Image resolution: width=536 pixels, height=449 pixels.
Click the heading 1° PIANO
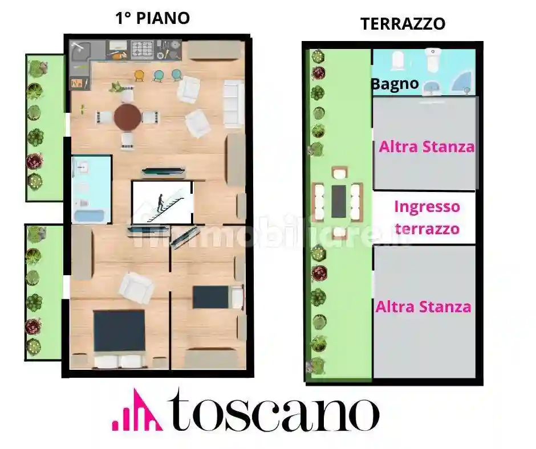click(x=152, y=18)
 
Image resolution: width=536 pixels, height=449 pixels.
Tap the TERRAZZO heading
click(x=403, y=23)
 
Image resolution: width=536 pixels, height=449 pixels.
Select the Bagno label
click(x=395, y=84)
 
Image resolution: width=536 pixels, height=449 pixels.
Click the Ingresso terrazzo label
click(x=427, y=217)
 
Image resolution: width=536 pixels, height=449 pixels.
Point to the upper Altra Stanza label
click(x=427, y=146)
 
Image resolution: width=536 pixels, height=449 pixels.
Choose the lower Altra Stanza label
click(x=423, y=307)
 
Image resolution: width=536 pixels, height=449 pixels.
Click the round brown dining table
click(x=127, y=117)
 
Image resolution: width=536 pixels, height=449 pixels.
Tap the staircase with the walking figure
click(x=163, y=203)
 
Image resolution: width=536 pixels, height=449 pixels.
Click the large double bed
click(x=119, y=333)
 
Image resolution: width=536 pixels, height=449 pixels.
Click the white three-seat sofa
click(x=233, y=103)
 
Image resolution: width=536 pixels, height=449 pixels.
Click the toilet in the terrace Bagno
click(x=433, y=60)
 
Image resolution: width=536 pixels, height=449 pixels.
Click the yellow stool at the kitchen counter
click(x=139, y=75)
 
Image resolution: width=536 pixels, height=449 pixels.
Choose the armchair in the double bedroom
click(x=137, y=287)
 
